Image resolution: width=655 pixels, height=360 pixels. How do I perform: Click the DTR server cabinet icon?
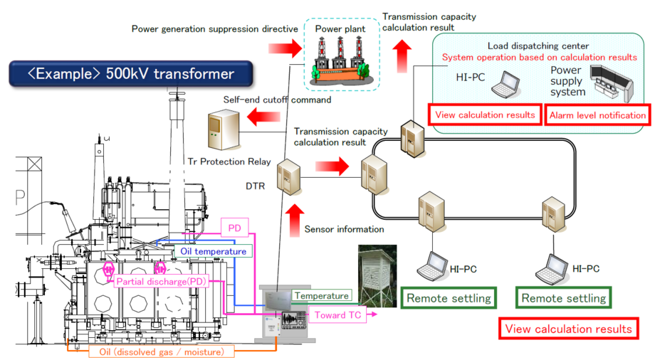[x=288, y=176]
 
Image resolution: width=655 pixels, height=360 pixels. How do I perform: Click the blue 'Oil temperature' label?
[x=212, y=251]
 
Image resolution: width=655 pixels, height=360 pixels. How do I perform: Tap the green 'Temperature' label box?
[x=321, y=295]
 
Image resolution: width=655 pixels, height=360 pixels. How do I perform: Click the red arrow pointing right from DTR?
[x=333, y=168]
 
